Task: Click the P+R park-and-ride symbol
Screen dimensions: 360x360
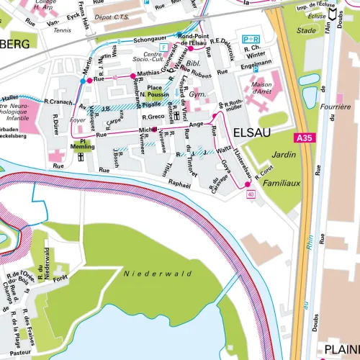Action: tap(251, 39)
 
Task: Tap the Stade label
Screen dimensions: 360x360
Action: tap(306, 30)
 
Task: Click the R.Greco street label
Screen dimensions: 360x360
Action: tap(153, 117)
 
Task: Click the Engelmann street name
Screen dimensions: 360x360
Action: tap(257, 64)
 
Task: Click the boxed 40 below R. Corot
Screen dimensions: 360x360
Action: tap(251, 195)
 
